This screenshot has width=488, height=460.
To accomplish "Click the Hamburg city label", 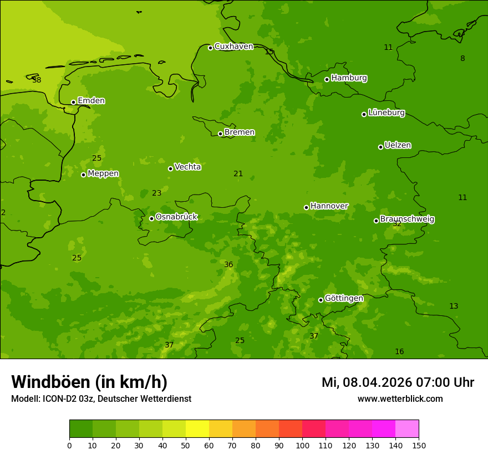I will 349,78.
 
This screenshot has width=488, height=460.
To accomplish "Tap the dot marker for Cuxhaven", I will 210,48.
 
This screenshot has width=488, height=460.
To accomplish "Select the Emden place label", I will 91,101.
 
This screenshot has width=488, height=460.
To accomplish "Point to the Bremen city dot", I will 220,134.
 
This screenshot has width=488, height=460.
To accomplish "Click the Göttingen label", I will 344,298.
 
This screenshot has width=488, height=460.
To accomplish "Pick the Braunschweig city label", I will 407,219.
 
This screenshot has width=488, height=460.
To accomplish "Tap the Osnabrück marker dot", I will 151,218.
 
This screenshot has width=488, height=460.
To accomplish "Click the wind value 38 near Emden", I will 37,80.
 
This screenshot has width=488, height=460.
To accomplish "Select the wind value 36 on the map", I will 228,265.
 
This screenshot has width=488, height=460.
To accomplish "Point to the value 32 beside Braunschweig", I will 397,224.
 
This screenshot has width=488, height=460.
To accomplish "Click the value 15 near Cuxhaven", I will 269,52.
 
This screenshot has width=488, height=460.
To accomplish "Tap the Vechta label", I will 187,167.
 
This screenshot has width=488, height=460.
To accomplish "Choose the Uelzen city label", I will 398,145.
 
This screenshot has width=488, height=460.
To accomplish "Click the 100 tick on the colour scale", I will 302,445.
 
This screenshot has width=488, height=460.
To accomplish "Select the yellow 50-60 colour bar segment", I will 197,429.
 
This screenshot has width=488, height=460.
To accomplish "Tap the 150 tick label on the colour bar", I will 419,445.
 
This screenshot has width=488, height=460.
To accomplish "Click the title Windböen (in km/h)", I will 89,382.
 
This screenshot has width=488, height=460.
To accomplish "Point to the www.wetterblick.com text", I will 400,399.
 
